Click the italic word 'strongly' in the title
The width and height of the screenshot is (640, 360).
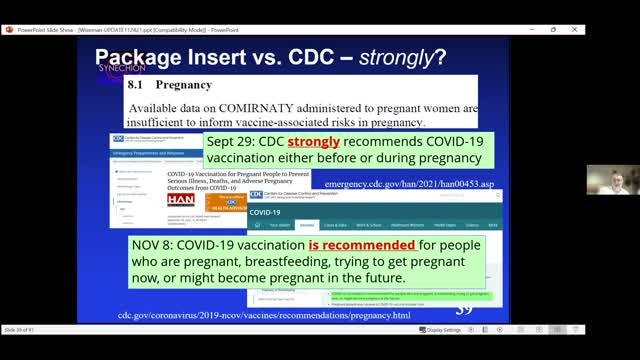pos(385,58)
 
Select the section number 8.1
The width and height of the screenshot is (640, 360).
pos(139,86)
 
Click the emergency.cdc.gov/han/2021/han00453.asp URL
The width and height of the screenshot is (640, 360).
pos(411,184)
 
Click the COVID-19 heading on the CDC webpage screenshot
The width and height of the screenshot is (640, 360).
pos(266,212)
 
